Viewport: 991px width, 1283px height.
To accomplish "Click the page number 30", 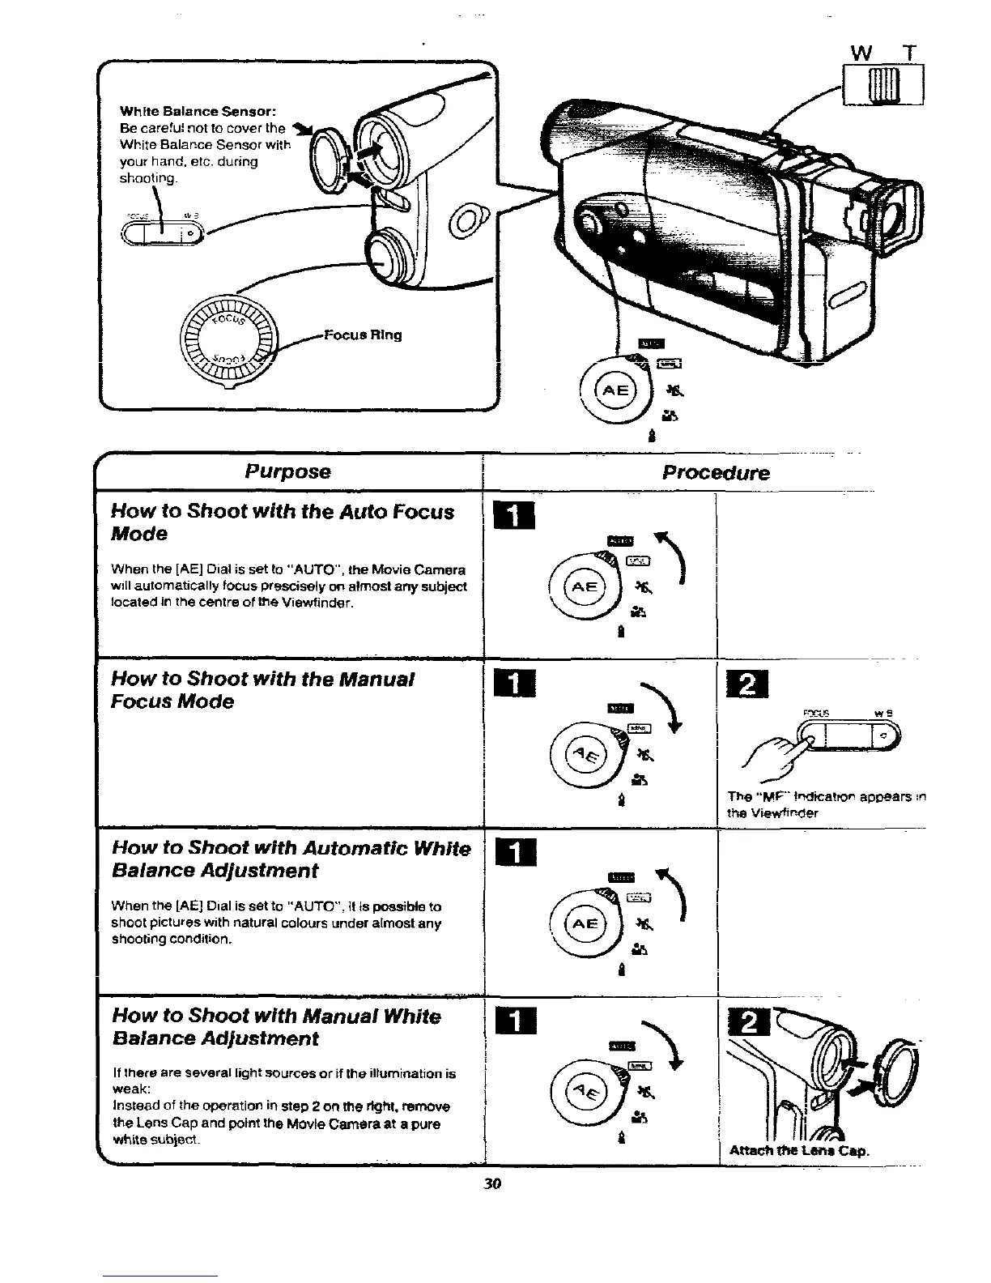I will click(492, 1183).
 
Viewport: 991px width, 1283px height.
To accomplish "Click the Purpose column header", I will click(288, 471).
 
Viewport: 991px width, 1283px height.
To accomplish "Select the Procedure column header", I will click(715, 473).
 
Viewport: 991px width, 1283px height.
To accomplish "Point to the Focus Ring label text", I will click(362, 335).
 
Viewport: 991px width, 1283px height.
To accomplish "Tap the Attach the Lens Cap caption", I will click(799, 1150).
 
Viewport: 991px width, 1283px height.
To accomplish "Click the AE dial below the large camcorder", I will click(615, 391).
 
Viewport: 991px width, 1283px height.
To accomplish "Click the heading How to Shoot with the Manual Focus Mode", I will click(263, 690).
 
